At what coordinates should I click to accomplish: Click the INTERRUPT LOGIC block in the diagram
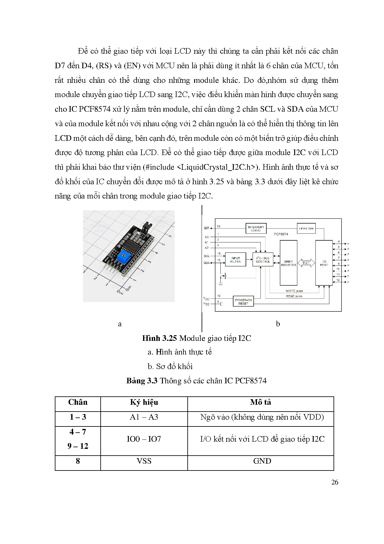(256, 229)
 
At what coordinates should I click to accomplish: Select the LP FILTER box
(306, 229)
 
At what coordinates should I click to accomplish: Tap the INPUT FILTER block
(235, 260)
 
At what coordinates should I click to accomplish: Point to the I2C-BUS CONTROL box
(263, 260)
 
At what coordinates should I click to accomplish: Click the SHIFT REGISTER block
(288, 263)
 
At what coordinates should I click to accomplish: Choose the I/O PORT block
(324, 263)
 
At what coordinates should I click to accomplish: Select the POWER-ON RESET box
(243, 301)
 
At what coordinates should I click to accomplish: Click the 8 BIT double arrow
(306, 263)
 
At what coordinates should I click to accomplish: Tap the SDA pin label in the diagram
(207, 263)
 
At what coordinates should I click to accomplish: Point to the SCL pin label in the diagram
(207, 256)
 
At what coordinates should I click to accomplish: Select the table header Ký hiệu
(144, 403)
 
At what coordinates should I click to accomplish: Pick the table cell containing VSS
(144, 461)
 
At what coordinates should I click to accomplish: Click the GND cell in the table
(262, 461)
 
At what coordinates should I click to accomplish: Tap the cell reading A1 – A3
(144, 417)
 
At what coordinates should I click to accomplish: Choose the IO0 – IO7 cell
(144, 439)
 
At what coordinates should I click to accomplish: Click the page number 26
(334, 482)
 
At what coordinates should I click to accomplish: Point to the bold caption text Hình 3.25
(159, 338)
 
